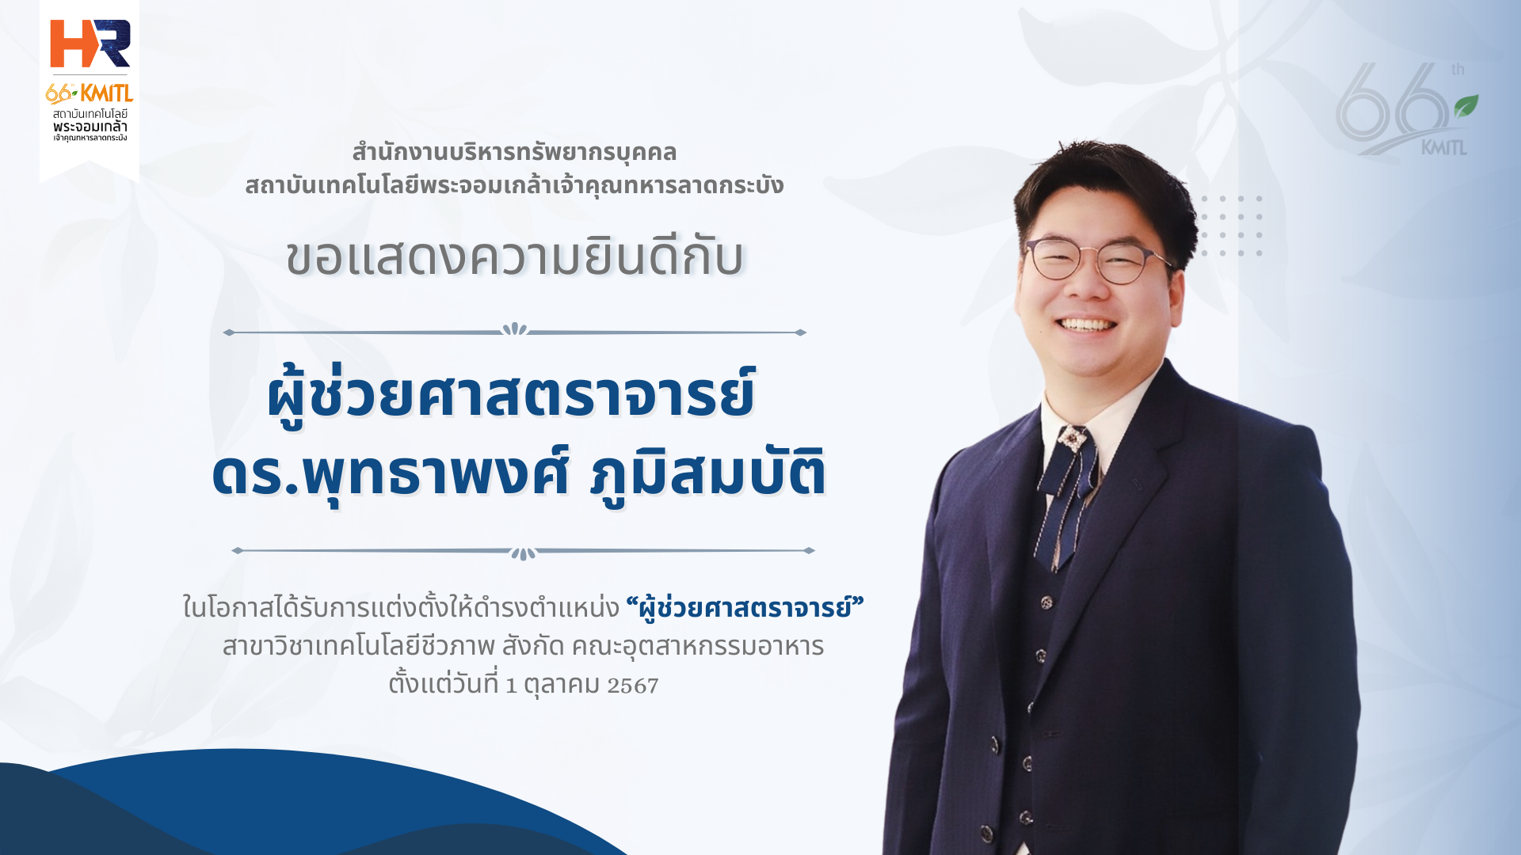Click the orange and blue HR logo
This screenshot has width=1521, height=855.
point(90,44)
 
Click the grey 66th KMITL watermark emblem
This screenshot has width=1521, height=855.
point(1406,109)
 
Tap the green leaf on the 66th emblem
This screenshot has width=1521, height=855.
point(1466,106)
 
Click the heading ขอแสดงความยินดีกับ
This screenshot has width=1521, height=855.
point(515,257)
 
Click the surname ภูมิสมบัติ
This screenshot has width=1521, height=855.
point(708,473)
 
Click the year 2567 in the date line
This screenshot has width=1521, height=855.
point(633,685)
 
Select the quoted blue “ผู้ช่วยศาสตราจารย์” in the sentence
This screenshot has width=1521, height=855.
point(745,607)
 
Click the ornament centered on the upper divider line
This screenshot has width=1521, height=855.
point(515,329)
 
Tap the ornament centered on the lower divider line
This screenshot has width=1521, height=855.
point(523,553)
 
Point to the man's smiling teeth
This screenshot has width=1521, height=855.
point(1088,325)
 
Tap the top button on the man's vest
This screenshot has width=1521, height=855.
point(1046,602)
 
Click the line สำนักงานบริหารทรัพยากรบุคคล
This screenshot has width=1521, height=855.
point(514,152)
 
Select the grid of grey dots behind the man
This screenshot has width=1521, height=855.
point(1232,226)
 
